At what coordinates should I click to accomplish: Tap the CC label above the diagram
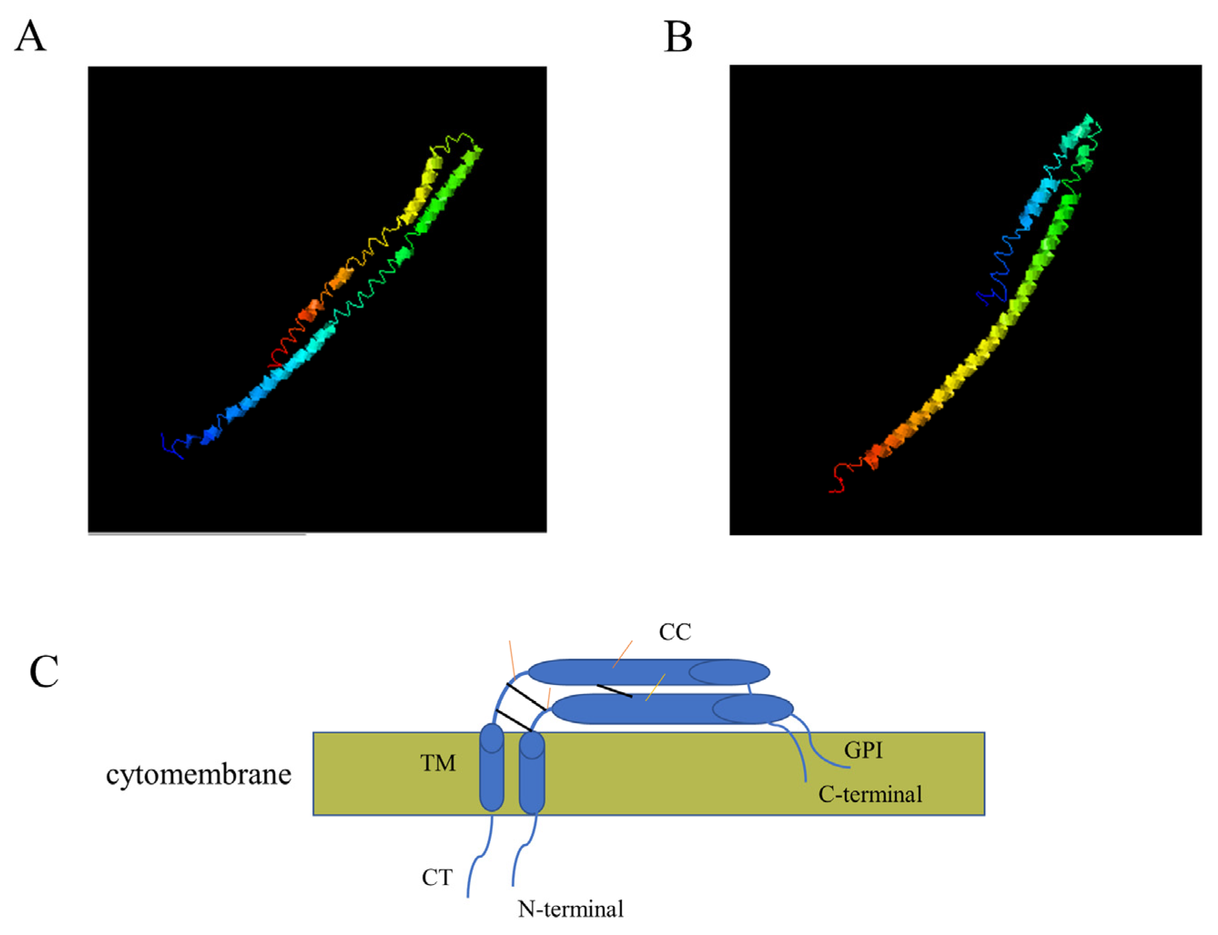[674, 632]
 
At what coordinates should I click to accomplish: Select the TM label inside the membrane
[438, 763]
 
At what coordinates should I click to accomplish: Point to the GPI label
[863, 750]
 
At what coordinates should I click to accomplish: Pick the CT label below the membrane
[437, 878]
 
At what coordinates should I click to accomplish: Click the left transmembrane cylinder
[492, 767]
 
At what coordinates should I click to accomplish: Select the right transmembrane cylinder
[532, 772]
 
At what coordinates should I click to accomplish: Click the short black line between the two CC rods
[614, 691]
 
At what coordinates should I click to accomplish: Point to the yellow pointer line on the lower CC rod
[655, 687]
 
